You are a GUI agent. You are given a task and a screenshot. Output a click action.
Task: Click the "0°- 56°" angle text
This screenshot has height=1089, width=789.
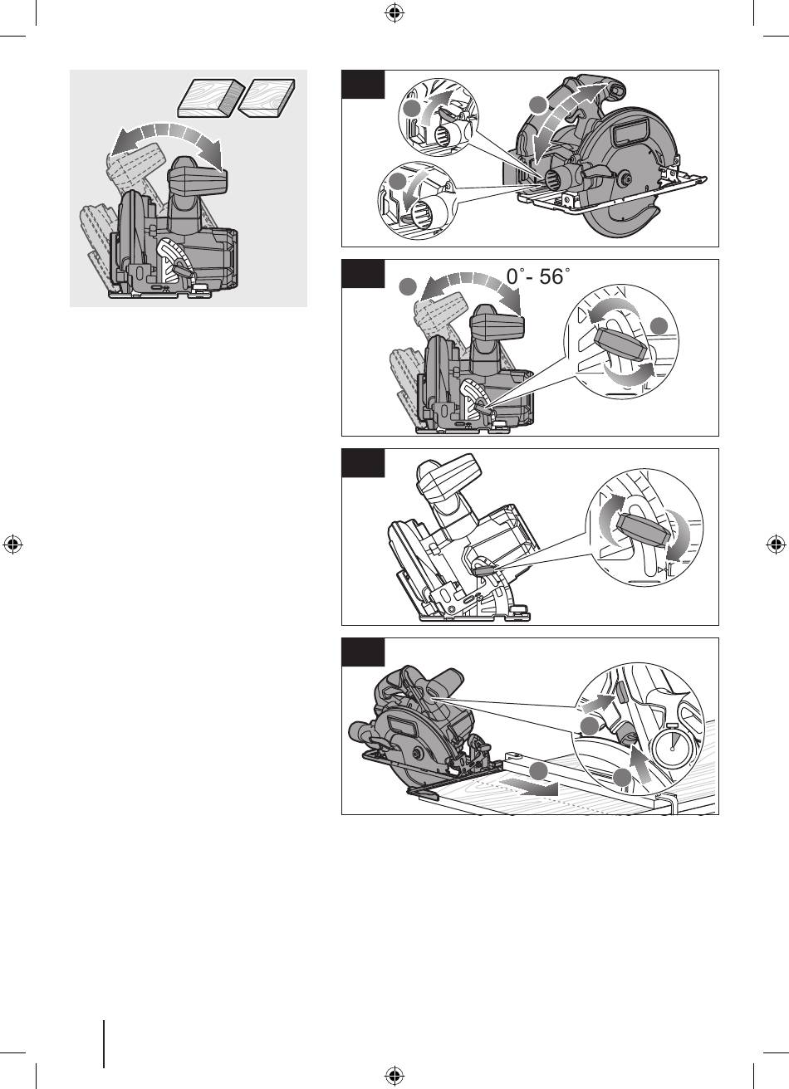(538, 276)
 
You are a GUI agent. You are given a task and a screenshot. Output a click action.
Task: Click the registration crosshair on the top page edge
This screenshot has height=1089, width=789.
(394, 13)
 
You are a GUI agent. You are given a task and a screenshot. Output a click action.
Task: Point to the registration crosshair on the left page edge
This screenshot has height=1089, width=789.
(13, 544)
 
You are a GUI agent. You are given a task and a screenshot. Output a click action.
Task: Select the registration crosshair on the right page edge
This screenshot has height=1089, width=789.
(776, 544)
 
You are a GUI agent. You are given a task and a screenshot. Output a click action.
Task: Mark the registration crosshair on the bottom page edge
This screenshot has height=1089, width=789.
(394, 1076)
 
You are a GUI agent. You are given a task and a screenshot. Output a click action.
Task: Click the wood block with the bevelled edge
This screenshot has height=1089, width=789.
(211, 99)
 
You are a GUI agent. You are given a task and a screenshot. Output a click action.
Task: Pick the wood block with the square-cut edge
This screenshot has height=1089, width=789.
(267, 98)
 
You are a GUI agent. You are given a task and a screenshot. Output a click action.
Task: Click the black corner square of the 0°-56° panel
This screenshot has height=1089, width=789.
(363, 274)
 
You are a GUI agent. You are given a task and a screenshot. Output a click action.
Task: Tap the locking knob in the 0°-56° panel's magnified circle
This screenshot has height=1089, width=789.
(620, 344)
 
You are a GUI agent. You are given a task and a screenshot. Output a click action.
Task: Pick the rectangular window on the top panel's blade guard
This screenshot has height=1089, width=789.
(632, 133)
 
